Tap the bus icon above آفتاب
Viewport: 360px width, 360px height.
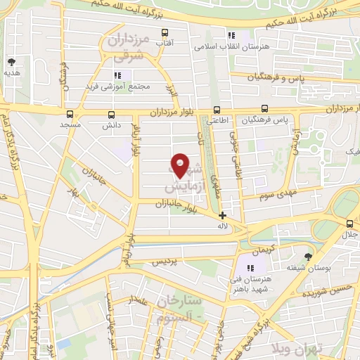(165, 32)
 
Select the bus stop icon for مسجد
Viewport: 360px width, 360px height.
(70, 113)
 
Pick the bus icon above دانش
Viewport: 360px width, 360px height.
(111, 113)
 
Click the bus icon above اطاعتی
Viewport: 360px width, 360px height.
(217, 109)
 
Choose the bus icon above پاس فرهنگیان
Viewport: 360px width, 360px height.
(264, 109)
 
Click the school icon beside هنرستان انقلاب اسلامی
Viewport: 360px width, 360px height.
(231, 36)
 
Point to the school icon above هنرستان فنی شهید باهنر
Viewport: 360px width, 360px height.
(251, 267)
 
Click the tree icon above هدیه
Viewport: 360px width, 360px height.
(11, 62)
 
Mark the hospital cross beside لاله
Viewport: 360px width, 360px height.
(222, 215)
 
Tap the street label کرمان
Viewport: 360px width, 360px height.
(261, 250)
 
